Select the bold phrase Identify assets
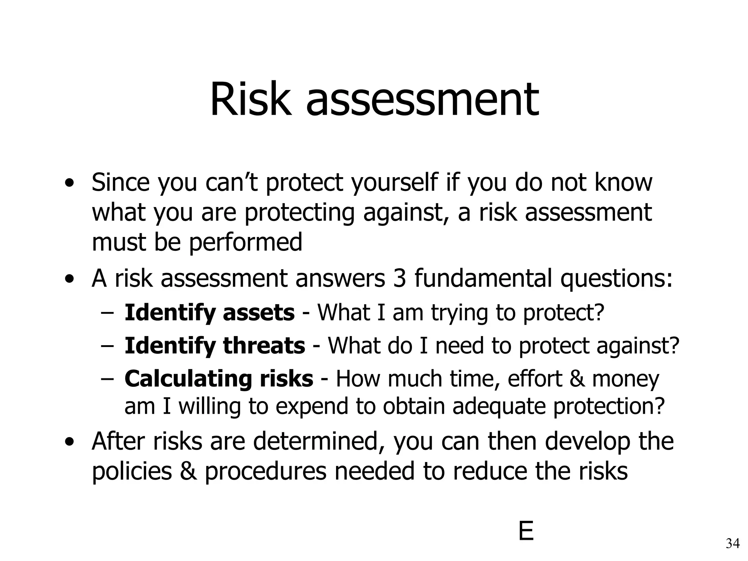pos(209,313)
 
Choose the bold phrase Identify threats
pos(215,346)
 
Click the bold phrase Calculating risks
pos(218,379)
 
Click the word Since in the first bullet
pos(121,182)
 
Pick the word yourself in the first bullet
pos(394,182)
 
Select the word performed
pos(246,242)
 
